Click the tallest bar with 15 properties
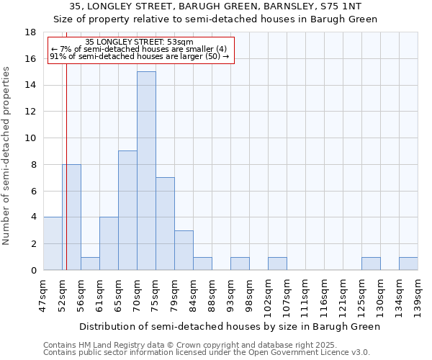tap(146, 171)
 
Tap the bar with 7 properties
tap(165, 223)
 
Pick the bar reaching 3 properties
tap(184, 250)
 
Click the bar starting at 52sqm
tap(71, 217)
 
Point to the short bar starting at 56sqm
tap(90, 264)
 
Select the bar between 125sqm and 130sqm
tap(371, 264)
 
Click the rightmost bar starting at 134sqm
tap(408, 264)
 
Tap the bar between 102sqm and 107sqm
tap(277, 264)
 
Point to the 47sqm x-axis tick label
tap(43, 295)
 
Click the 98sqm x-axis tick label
tap(249, 295)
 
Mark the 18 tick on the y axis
tap(30, 32)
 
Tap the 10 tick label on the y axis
tap(30, 138)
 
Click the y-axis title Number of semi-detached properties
tap(7, 156)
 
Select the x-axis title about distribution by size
tap(229, 326)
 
